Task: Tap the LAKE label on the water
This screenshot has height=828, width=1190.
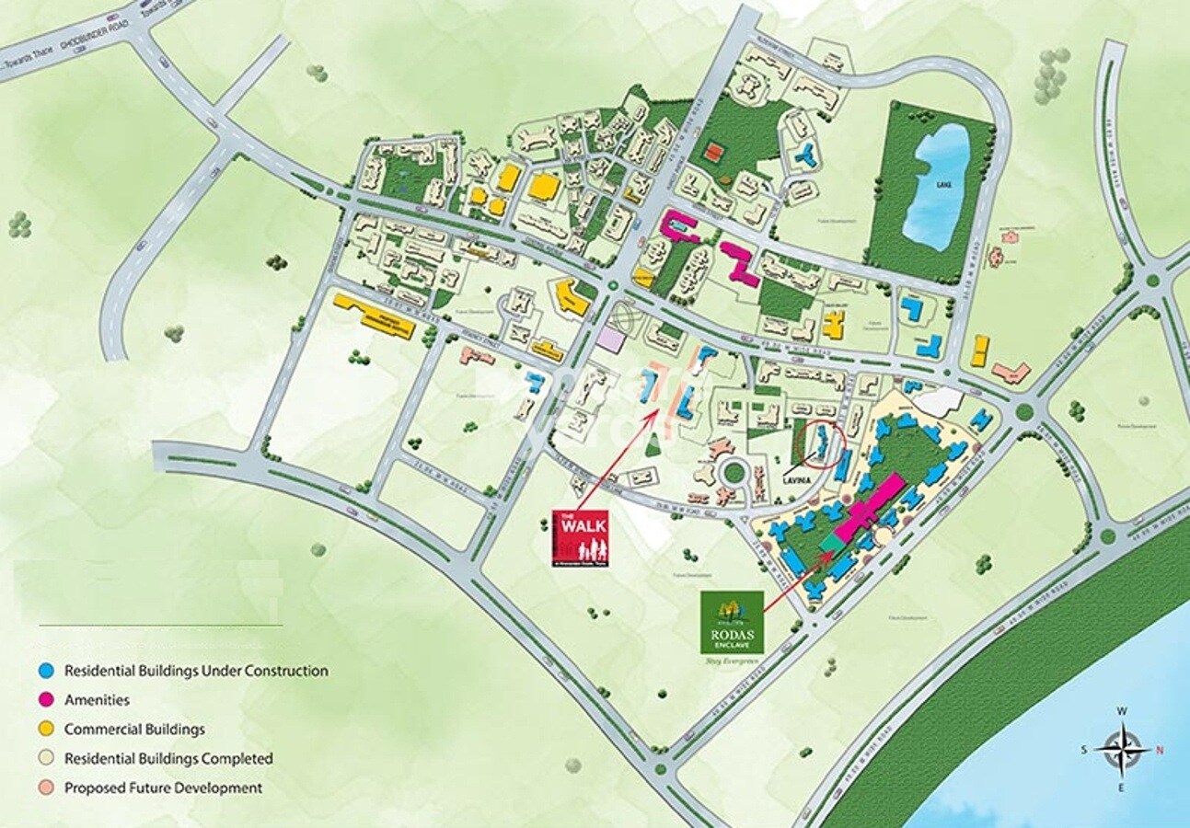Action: coord(943,184)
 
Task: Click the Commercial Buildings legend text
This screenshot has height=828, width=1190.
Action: coord(134,730)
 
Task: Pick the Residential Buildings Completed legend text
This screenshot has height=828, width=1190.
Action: coord(168,759)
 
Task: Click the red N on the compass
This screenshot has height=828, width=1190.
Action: coord(1160,750)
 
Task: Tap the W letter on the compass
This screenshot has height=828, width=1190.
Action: coord(1122,711)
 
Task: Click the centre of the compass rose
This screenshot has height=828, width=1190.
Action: coord(1122,749)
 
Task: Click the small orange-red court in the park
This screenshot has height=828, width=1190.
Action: coord(712,150)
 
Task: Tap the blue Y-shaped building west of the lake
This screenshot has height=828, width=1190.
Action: coord(807,155)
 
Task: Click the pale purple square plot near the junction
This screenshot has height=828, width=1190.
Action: coord(609,338)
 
